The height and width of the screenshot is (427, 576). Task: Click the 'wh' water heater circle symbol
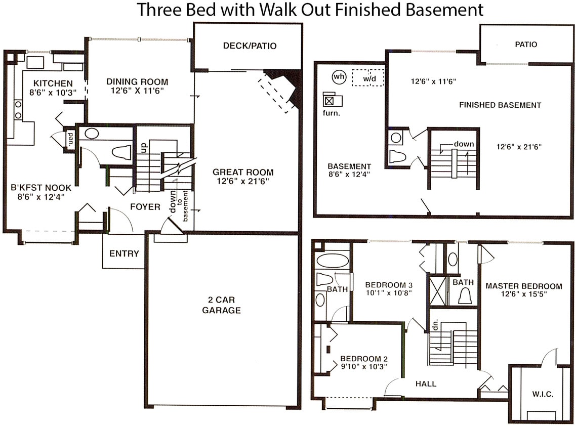pyautogui.click(x=339, y=77)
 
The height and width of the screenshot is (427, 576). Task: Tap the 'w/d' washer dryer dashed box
pyautogui.click(x=368, y=78)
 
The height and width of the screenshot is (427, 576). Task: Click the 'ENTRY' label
pyautogui.click(x=124, y=253)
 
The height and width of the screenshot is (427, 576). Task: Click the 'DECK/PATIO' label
pyautogui.click(x=250, y=46)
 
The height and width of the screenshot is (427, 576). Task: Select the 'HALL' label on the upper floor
pyautogui.click(x=426, y=383)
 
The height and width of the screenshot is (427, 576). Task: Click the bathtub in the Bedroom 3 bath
pyautogui.click(x=332, y=261)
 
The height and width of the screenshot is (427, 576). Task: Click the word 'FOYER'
pyautogui.click(x=145, y=207)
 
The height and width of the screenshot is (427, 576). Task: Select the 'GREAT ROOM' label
pyautogui.click(x=243, y=172)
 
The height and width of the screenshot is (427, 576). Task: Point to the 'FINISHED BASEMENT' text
pyautogui.click(x=500, y=105)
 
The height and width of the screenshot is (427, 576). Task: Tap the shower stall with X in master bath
pyautogui.click(x=437, y=290)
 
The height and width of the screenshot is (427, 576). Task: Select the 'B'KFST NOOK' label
pyautogui.click(x=41, y=188)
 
